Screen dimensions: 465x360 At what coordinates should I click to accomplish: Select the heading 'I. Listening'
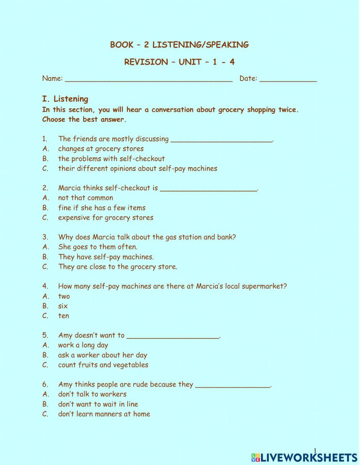coord(65,99)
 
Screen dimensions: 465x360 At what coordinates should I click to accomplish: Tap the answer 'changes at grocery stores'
coord(101,149)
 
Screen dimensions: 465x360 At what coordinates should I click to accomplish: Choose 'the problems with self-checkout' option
coord(111,159)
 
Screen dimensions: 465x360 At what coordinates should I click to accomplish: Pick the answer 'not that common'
coord(86,198)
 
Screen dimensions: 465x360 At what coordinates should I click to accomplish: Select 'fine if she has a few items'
coord(102,208)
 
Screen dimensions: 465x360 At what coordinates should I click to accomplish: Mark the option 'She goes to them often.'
coord(98,247)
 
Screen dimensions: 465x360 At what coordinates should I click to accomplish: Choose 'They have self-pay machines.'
coord(106,257)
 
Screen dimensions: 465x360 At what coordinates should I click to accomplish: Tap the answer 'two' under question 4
coord(64,296)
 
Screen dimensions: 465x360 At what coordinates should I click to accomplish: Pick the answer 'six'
coord(63,306)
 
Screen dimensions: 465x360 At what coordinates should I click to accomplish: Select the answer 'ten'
coord(64,316)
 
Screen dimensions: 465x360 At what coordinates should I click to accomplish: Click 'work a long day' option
coord(83,345)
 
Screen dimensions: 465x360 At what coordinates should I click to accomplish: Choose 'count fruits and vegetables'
coord(103,365)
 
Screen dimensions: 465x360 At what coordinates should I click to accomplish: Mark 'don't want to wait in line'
coord(98,404)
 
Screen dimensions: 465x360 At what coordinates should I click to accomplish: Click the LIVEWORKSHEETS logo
coord(304,457)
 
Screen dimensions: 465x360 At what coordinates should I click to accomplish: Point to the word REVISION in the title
coord(146,62)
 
